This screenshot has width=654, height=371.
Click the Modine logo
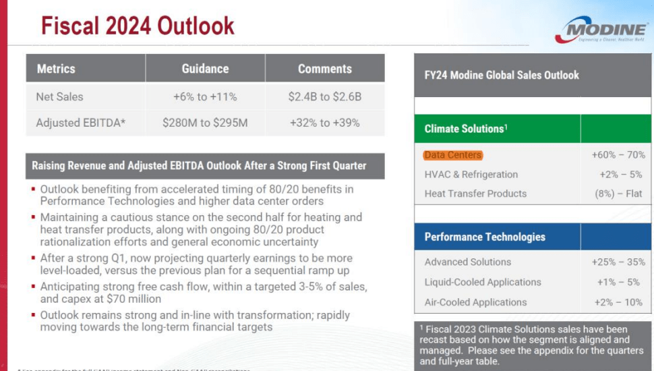(601, 30)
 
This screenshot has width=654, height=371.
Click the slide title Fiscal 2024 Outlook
(138, 26)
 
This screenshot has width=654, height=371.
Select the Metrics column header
(56, 69)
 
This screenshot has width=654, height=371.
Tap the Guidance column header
(205, 69)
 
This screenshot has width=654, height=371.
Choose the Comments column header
(324, 69)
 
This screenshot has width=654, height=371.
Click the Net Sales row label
(59, 96)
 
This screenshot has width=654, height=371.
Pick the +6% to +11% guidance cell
(205, 96)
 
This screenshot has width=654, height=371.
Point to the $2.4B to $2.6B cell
(324, 96)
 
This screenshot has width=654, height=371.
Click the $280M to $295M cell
(205, 123)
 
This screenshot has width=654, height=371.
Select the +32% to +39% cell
(324, 123)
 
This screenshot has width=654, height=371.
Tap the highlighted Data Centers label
(453, 155)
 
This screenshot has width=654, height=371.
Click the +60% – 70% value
(618, 155)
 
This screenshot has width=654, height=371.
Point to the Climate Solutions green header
(465, 128)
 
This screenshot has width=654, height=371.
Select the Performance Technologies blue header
(485, 237)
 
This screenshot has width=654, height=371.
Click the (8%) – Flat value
(621, 194)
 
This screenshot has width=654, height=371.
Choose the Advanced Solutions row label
(468, 262)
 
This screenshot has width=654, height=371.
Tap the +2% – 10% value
(620, 302)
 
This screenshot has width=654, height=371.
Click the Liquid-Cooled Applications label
(483, 282)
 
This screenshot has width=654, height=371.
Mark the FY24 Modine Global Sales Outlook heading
(502, 75)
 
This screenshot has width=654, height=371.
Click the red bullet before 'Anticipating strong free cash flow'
(33, 287)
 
